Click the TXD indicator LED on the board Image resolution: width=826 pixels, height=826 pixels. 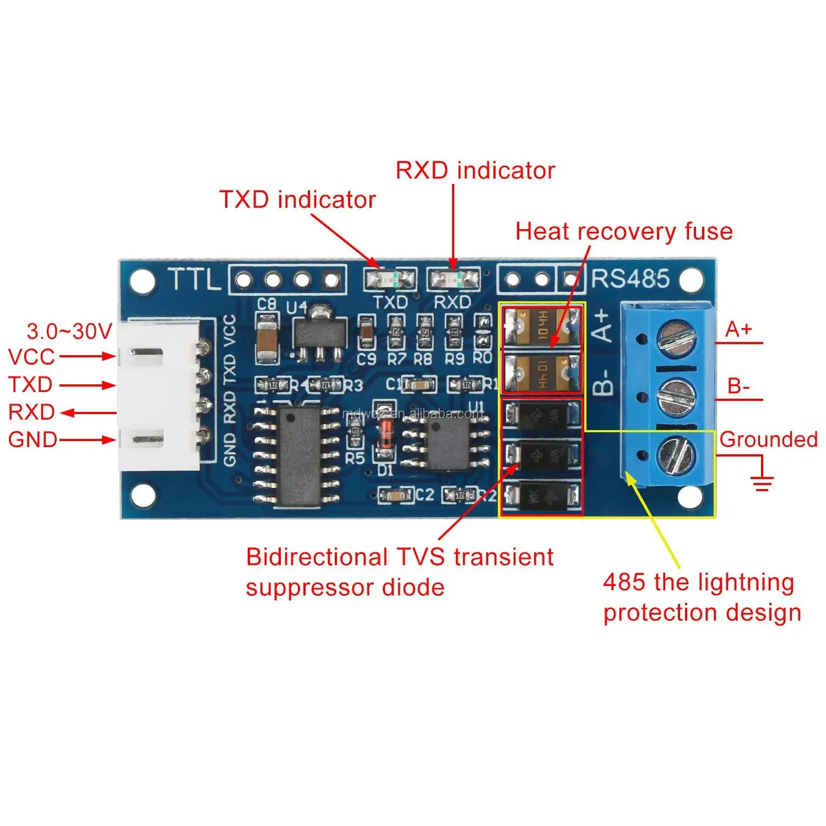pyautogui.click(x=389, y=280)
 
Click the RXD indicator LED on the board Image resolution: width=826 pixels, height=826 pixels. pyautogui.click(x=453, y=280)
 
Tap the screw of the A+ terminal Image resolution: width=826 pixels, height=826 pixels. pyautogui.click(x=676, y=338)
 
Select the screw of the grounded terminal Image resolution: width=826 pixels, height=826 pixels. pyautogui.click(x=676, y=455)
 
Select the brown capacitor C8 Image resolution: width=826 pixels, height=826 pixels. pyautogui.click(x=267, y=338)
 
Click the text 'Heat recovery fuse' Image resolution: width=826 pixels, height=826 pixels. pyautogui.click(x=624, y=231)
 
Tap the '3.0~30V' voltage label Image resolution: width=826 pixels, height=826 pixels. pyautogui.click(x=69, y=332)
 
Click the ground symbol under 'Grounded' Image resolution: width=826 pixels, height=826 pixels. pyautogui.click(x=763, y=483)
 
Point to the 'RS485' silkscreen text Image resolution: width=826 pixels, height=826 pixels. pyautogui.click(x=631, y=279)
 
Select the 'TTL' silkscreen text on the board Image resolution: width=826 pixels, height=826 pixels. pyautogui.click(x=193, y=280)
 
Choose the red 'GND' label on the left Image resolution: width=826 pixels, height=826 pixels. pyautogui.click(x=32, y=440)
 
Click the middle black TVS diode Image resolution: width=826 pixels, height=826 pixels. pyautogui.click(x=542, y=456)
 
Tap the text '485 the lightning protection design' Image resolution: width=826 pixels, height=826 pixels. pyautogui.click(x=702, y=597)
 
